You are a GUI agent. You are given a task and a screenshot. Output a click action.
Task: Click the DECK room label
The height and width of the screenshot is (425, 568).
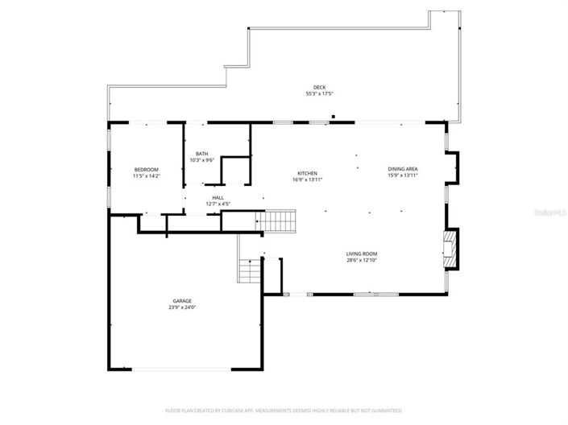coord(320,87)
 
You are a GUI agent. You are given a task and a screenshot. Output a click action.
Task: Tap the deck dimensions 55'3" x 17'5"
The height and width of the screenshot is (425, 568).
coord(320,94)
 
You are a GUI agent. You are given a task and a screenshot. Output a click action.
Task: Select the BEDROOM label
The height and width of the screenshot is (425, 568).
coord(146,169)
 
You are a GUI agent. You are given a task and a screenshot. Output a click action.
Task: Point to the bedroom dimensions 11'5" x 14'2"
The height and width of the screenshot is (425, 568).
coord(146,176)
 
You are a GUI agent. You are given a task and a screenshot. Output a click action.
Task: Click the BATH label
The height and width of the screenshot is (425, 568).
coord(201,153)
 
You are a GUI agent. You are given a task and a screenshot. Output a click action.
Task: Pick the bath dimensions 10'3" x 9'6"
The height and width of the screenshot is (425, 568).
coord(201,160)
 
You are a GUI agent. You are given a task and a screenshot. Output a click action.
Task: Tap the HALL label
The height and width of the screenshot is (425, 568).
coord(218,197)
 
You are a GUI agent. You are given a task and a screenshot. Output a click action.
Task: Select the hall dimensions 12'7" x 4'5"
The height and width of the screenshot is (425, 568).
coord(218,204)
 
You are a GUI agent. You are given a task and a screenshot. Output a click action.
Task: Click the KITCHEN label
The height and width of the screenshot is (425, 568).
coord(307,173)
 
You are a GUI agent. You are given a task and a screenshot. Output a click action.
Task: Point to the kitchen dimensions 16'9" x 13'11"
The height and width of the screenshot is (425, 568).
coord(307,180)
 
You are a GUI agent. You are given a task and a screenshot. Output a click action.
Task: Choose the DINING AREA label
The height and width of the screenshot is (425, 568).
coord(402,168)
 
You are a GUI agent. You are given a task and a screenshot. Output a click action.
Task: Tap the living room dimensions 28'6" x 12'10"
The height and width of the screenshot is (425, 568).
coord(362,260)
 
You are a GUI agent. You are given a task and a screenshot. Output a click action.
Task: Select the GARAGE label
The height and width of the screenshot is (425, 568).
coord(182,300)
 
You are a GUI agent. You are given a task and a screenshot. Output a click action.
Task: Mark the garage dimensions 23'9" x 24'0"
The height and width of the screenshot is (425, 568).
coord(182,307)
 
